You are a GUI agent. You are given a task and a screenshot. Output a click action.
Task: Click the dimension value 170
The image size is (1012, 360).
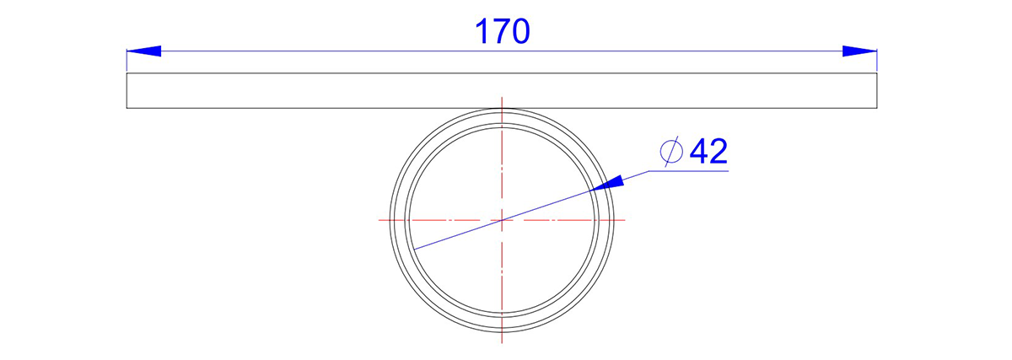[x=502, y=32]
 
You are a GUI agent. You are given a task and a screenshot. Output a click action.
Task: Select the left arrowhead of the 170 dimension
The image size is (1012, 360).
[x=143, y=51]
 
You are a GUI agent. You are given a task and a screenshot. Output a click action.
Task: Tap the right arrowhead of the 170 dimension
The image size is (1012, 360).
[x=859, y=51]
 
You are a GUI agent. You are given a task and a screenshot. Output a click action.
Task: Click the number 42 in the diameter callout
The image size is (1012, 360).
[x=708, y=151]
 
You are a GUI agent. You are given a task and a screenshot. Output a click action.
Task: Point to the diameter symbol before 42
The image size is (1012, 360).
[x=671, y=151]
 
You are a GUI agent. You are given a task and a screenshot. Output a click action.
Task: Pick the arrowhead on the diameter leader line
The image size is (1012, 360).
[x=606, y=183]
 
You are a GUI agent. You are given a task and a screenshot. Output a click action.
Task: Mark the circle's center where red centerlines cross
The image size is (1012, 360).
[x=502, y=220]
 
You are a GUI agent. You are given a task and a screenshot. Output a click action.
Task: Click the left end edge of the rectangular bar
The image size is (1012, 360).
[x=126, y=90]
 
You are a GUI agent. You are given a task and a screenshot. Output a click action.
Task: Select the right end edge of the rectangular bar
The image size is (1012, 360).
[x=877, y=90]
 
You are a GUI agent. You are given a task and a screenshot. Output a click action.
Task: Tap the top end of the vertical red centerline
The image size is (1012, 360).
[x=502, y=97]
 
